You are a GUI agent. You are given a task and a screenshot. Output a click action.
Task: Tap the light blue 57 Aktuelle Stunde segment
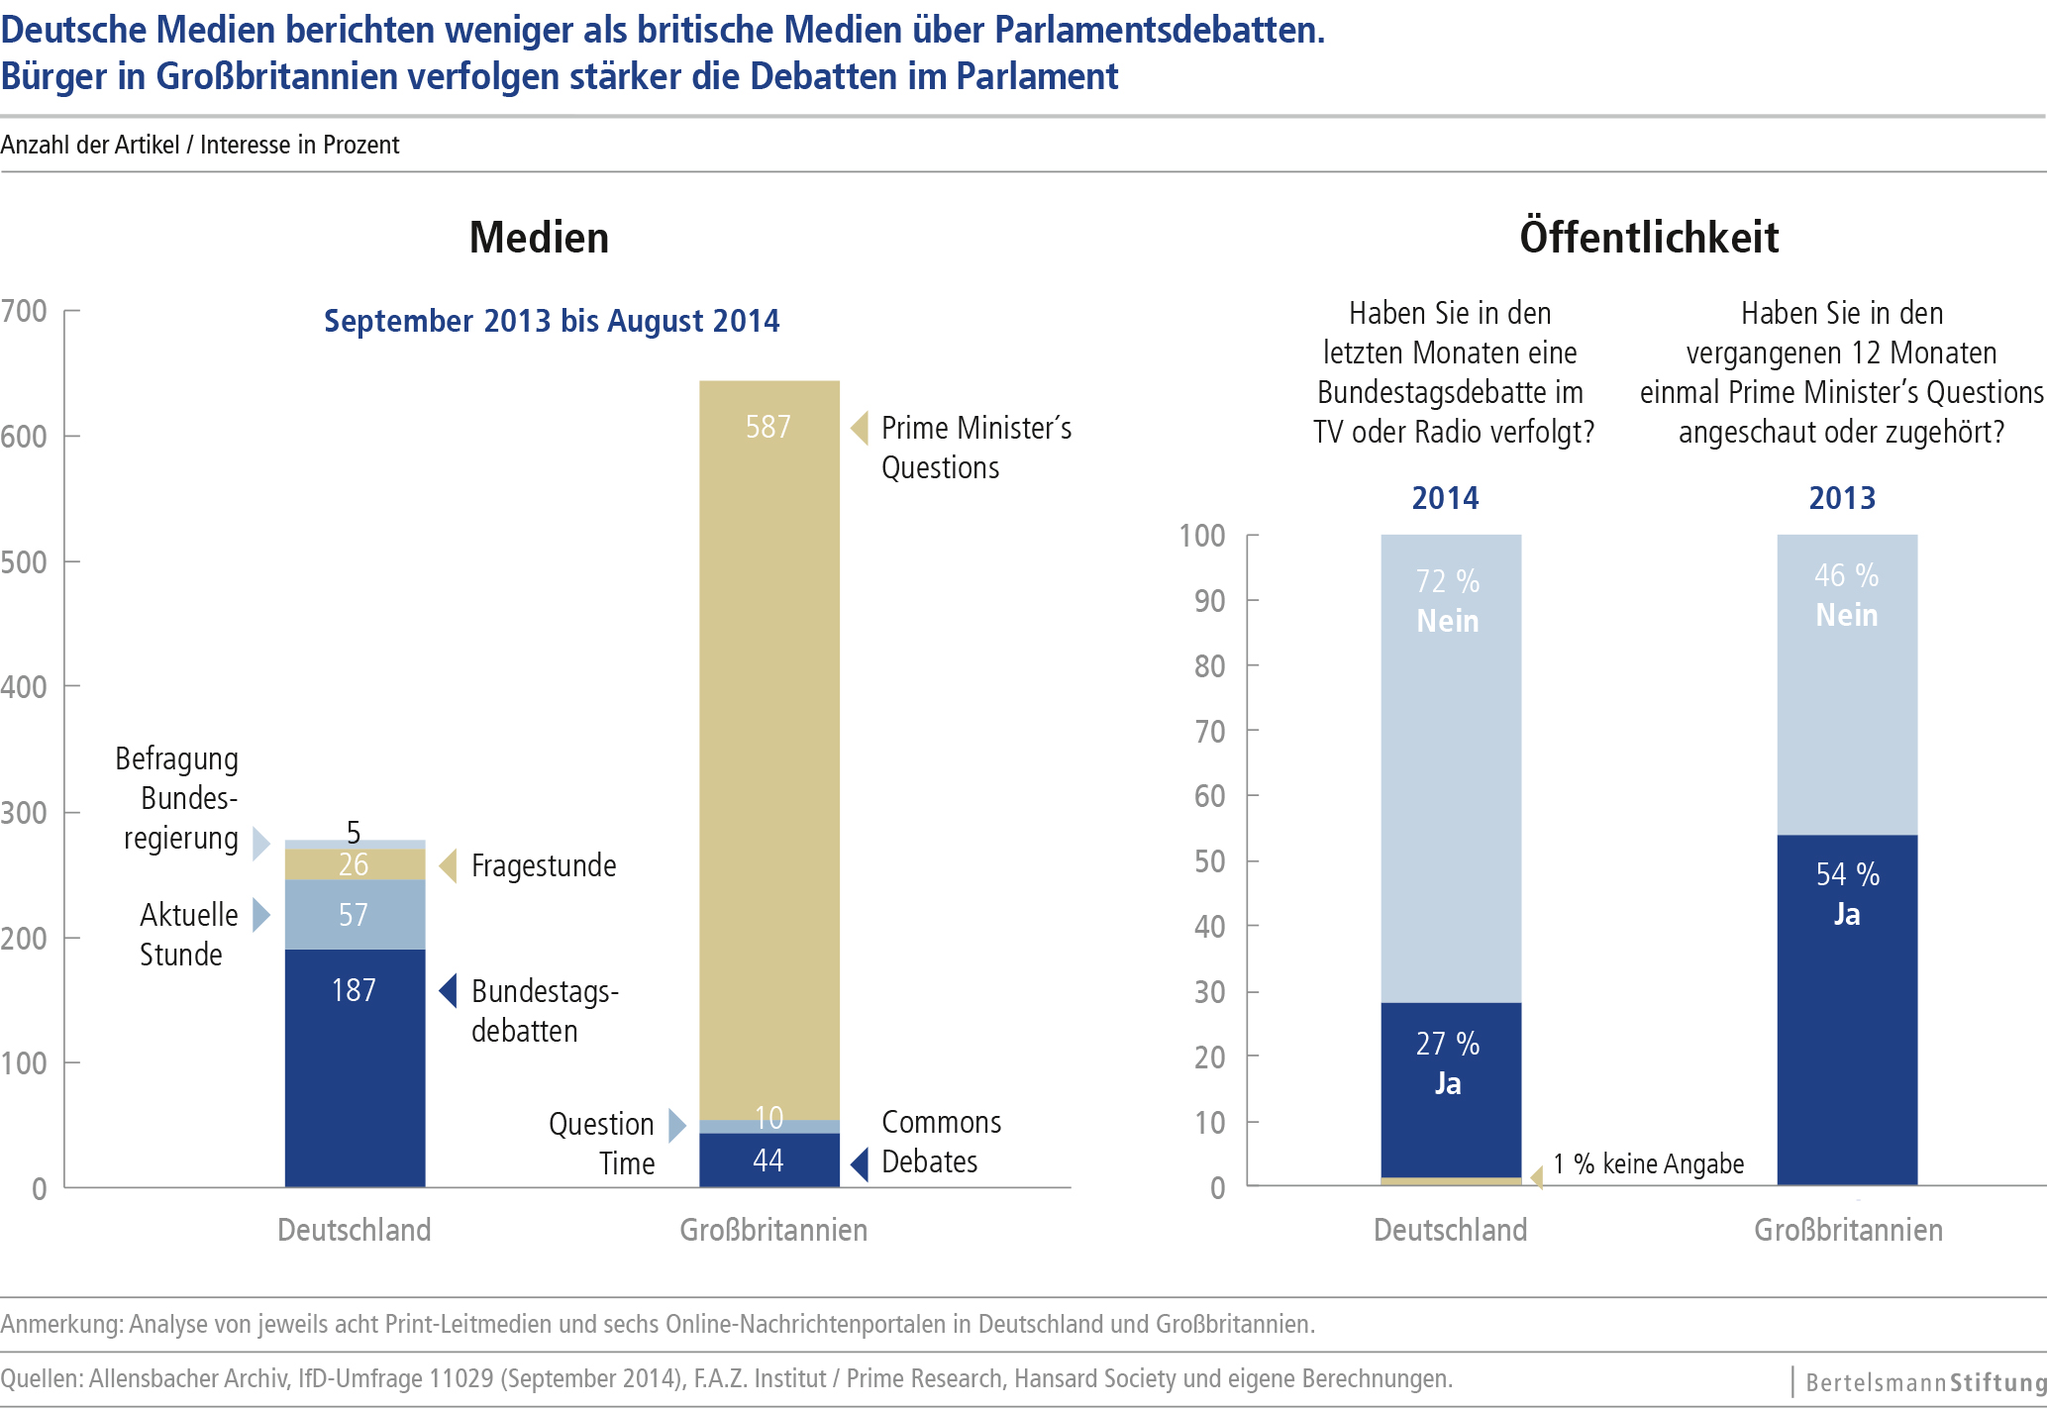point(355,914)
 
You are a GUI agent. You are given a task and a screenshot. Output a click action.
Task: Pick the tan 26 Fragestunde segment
point(355,864)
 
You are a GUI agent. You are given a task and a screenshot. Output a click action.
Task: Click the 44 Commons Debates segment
point(768,1159)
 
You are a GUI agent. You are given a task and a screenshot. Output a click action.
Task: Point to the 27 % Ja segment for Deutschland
point(1451,1089)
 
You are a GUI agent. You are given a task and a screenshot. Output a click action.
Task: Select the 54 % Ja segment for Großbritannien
point(1847,1010)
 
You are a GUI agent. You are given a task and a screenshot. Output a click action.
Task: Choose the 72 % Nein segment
point(1451,772)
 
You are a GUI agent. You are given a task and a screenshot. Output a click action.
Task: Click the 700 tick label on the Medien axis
point(25,311)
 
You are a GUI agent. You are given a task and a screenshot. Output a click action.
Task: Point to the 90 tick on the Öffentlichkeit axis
point(1209,601)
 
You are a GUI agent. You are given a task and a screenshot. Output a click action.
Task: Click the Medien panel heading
point(539,238)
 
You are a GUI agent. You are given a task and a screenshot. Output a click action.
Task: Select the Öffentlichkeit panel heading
point(1649,238)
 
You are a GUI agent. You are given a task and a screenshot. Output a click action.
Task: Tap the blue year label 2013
point(1842,497)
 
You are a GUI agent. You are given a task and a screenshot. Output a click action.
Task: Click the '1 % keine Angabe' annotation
point(1648,1163)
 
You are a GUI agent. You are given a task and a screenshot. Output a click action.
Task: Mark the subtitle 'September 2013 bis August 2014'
point(552,321)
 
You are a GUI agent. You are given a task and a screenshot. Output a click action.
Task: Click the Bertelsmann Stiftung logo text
point(1924,1382)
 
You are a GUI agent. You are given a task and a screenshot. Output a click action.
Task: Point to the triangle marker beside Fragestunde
point(449,865)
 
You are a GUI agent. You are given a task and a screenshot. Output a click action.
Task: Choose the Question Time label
point(602,1143)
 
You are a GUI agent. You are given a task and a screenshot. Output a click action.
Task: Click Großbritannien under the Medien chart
point(772,1230)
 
